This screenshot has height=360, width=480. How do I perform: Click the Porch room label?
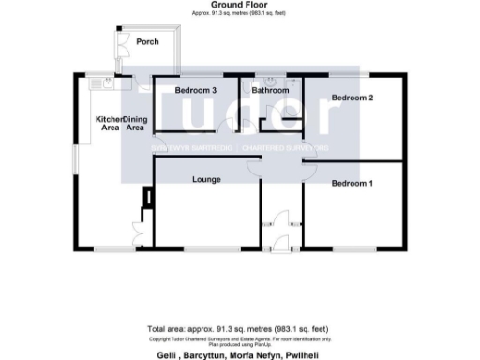[x=146, y=42]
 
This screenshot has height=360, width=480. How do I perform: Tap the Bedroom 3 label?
[x=195, y=90]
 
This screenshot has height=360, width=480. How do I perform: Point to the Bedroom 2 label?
[x=352, y=97]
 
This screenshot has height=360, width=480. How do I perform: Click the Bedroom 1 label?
[x=352, y=184]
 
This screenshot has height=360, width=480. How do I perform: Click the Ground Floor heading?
[x=240, y=6]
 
